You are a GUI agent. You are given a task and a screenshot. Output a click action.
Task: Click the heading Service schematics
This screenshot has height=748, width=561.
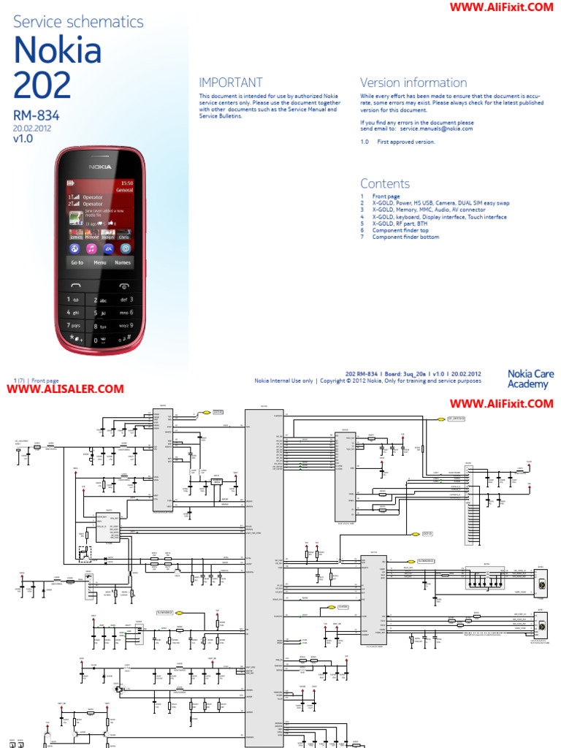click(x=78, y=22)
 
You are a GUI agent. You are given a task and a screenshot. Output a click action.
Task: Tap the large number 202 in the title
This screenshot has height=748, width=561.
click(x=42, y=86)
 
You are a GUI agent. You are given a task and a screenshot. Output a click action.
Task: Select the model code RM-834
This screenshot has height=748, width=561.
click(x=36, y=115)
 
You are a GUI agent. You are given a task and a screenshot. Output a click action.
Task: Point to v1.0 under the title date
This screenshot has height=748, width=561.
click(x=23, y=137)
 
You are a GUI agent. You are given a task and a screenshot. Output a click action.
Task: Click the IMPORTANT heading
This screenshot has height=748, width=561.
click(x=231, y=83)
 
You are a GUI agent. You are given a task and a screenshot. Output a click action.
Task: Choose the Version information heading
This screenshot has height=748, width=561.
click(x=413, y=83)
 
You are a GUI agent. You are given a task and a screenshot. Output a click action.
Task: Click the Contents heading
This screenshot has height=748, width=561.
click(x=385, y=183)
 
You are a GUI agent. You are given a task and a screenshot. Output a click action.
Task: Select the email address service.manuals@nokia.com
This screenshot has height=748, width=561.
click(x=436, y=129)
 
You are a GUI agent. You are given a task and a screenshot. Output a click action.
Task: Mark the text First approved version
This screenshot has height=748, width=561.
click(x=405, y=142)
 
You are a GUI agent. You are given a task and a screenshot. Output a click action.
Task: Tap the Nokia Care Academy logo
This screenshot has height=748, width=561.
click(x=530, y=379)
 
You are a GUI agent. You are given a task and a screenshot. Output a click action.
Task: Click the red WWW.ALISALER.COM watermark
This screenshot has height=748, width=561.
click(x=66, y=389)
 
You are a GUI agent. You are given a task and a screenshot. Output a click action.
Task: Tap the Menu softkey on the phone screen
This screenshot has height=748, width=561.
click(x=100, y=262)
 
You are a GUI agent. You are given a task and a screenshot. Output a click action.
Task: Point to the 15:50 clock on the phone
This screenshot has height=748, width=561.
click(x=126, y=182)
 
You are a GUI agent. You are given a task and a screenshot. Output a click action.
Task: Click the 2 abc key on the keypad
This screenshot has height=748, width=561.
click(x=101, y=299)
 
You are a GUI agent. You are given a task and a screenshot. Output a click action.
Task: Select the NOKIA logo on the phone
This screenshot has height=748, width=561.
click(x=100, y=167)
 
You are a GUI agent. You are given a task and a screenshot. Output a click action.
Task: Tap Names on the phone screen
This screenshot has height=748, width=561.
click(x=123, y=262)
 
